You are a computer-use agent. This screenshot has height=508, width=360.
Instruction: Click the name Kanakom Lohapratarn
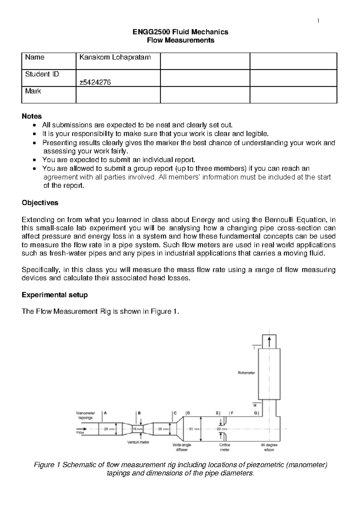[115, 57]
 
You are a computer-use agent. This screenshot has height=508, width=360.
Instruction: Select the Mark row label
[33, 91]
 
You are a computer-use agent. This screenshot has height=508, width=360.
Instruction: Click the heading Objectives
[40, 203]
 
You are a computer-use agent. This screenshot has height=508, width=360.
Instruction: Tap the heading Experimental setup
[55, 295]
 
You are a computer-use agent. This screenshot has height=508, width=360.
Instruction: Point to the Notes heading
[32, 116]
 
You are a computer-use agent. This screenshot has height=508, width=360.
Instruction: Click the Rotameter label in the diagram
[246, 373]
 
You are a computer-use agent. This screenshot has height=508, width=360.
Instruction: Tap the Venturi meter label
[138, 442]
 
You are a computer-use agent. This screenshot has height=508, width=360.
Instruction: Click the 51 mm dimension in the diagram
[194, 429]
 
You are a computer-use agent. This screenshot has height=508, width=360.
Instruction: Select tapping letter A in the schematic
[105, 413]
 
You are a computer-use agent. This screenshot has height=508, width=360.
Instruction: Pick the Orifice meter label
[225, 447]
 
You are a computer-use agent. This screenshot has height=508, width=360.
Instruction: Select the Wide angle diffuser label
[182, 447]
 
